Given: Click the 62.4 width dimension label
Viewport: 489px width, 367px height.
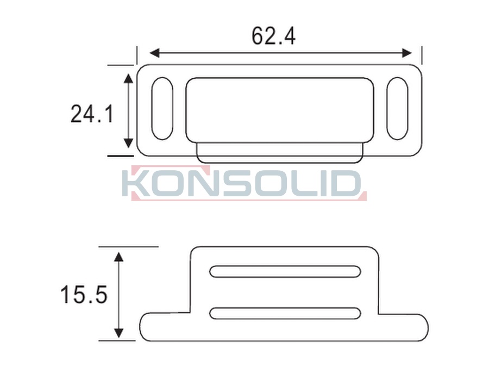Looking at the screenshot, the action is (x=273, y=36).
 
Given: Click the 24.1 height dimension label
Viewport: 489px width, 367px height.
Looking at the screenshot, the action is (x=92, y=114).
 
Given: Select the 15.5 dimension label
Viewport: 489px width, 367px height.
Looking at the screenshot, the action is (x=84, y=294).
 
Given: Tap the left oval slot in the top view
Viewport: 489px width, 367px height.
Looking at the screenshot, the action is (x=162, y=108).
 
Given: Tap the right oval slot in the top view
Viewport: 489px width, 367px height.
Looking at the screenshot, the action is (x=397, y=108).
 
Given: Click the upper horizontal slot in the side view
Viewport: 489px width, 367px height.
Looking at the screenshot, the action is (x=285, y=271).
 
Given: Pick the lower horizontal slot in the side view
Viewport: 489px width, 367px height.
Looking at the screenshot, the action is (x=285, y=313).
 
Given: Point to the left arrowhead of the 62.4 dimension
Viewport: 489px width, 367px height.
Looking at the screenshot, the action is (x=155, y=53).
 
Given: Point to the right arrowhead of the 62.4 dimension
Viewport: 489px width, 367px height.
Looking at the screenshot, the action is (x=407, y=53).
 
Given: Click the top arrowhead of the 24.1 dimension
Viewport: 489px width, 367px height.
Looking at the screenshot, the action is (x=128, y=78).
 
